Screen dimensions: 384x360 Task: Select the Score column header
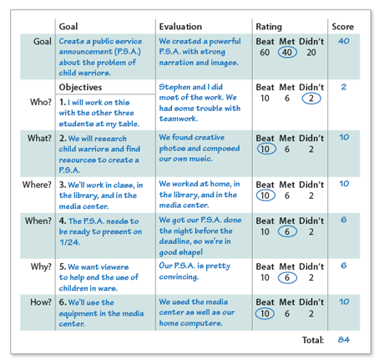tap(343, 27)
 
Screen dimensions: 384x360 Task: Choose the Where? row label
tap(37, 183)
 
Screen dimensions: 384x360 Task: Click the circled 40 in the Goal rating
tap(286, 52)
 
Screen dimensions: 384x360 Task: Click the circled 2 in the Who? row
tap(312, 99)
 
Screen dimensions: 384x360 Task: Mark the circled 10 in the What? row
tap(265, 149)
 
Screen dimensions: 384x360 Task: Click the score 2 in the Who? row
tap(343, 87)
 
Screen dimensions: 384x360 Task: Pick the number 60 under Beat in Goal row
tap(265, 52)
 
